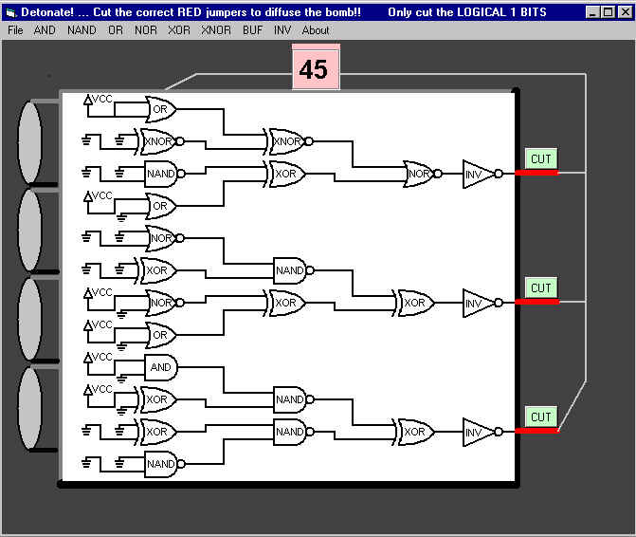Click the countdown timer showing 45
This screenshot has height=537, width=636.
316,68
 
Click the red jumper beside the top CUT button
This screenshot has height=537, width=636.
537,173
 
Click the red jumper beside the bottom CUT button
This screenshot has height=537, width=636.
537,431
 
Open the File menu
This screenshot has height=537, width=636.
15,30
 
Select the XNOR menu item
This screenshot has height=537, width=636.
216,30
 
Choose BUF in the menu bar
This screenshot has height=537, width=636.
253,30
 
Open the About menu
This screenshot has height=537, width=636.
316,30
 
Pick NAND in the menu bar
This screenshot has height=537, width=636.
82,30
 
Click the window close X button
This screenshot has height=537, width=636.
626,12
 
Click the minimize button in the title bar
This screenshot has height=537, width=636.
592,12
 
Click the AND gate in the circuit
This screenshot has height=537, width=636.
161,367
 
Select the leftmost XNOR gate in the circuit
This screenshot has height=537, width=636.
160,141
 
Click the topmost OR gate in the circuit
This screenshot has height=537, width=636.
160,109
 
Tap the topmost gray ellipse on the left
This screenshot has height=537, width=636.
30,142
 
